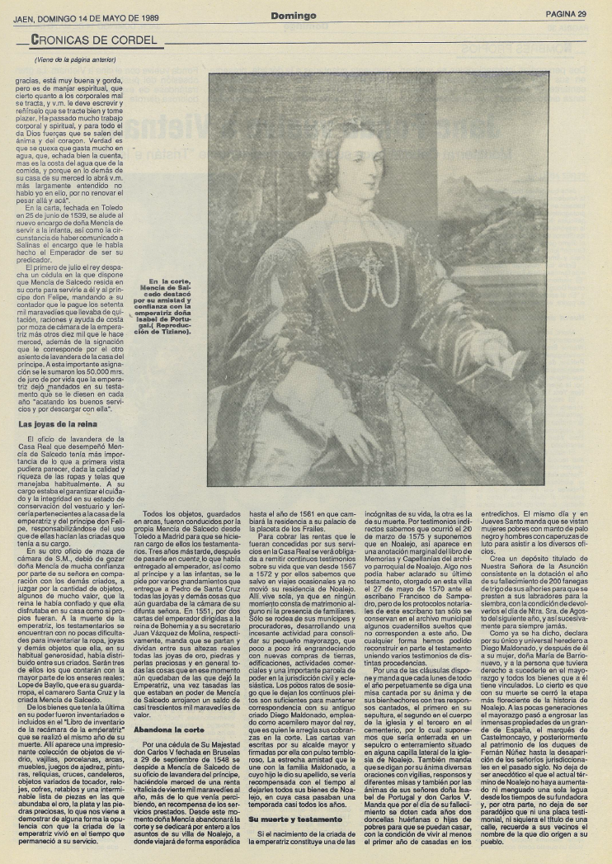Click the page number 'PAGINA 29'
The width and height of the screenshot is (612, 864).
point(565,14)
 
